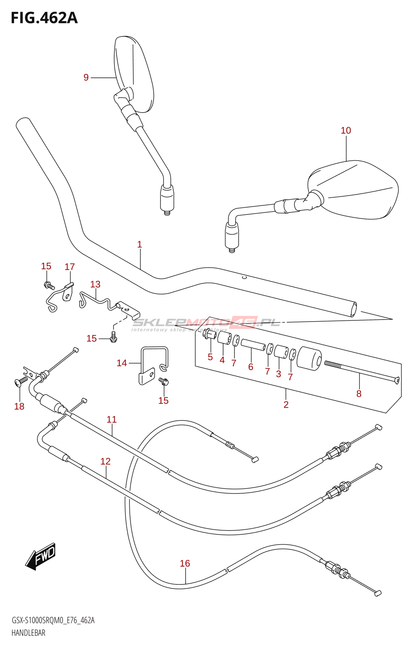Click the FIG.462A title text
(x=44, y=18)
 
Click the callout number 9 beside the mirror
(x=86, y=77)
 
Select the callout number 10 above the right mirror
(x=346, y=130)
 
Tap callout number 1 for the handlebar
(x=139, y=244)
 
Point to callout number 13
(x=95, y=284)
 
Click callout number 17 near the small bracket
(x=70, y=266)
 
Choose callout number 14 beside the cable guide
(x=122, y=363)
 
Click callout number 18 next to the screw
(x=19, y=406)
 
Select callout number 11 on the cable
(x=112, y=419)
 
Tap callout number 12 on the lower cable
(x=106, y=461)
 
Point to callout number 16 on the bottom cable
(x=185, y=563)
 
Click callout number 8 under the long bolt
(x=359, y=393)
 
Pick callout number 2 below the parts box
(x=286, y=405)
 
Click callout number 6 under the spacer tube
(x=251, y=367)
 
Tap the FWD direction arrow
(x=40, y=556)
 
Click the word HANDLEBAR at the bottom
(x=28, y=633)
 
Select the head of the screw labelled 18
(x=17, y=382)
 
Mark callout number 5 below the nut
(x=210, y=357)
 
